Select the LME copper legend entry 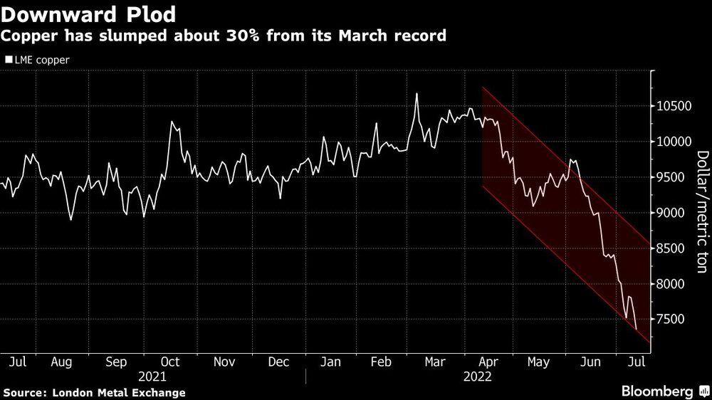point(40,60)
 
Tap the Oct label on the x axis point(170,362)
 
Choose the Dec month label point(278,362)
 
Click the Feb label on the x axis point(382,362)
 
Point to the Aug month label point(61,362)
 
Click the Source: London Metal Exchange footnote point(95,392)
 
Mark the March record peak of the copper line point(417,94)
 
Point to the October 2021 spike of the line point(172,122)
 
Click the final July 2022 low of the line point(636,328)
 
